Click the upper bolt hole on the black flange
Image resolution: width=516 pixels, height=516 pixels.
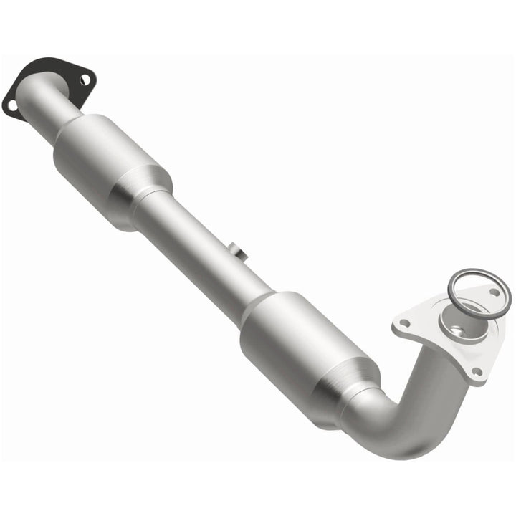point(85,80)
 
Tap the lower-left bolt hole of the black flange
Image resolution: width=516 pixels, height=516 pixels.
point(12,106)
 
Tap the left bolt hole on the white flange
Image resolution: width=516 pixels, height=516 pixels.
point(406,324)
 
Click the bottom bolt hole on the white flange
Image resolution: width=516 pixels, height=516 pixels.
point(476,372)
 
